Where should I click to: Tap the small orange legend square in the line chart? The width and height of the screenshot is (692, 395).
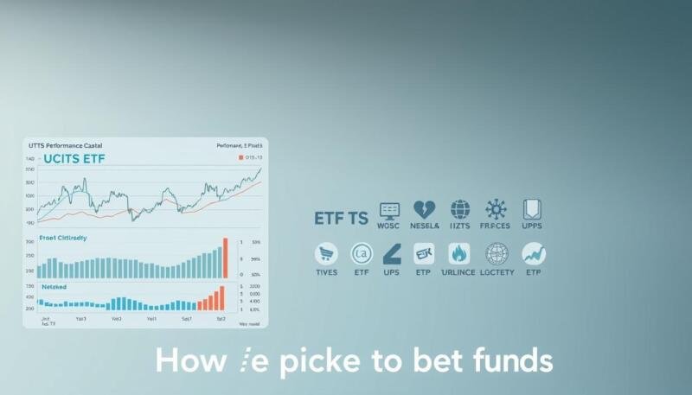tap(240, 158)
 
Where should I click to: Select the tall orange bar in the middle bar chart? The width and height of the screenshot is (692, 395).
tap(225, 258)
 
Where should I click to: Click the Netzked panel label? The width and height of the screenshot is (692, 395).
tap(54, 285)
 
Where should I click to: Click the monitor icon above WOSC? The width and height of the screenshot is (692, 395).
tap(389, 210)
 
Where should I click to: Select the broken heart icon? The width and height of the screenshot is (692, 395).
tap(424, 210)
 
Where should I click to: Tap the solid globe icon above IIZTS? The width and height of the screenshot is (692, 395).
tap(460, 210)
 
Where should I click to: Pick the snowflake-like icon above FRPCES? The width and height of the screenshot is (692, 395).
tap(497, 210)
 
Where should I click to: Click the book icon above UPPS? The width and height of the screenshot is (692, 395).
tap(532, 210)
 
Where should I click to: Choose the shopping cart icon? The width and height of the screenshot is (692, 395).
tap(327, 253)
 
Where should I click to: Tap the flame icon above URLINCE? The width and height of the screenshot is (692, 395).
tap(459, 253)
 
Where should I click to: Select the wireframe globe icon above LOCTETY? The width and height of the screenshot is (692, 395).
tap(497, 253)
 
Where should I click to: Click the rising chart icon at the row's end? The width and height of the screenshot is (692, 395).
tap(533, 253)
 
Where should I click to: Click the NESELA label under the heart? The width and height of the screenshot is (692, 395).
tap(424, 226)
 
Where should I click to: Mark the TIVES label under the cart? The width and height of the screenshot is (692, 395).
tap(327, 271)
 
